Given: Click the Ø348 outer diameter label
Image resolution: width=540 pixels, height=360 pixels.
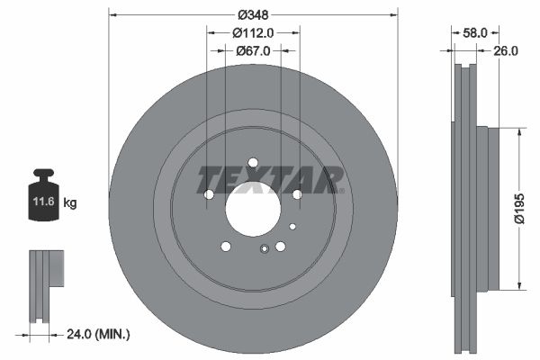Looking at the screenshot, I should tap(252, 14).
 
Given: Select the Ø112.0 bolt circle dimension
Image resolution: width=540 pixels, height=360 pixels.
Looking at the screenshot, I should tap(253, 33).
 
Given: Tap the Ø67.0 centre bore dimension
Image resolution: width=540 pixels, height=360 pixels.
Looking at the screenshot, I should tap(253, 51).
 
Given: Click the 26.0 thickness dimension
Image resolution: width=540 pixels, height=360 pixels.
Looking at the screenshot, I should tap(506, 51).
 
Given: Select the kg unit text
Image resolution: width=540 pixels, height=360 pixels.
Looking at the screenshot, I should tap(69, 203).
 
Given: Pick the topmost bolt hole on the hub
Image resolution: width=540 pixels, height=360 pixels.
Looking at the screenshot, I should tap(253, 163).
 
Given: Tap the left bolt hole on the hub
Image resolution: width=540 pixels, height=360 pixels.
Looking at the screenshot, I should tap(209, 194).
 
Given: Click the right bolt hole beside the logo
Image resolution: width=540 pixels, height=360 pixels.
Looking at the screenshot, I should tap(297, 193).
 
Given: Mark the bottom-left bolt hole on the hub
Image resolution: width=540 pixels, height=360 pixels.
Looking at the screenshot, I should tap(225, 247).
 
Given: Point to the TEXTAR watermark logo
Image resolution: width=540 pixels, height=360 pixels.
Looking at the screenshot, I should tap(270, 179).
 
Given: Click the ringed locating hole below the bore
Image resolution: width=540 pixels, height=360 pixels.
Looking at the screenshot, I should tap(263, 250).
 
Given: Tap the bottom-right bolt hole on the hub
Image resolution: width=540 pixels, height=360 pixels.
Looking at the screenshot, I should tap(280, 247).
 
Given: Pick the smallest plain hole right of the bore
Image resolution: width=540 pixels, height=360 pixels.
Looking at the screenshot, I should tap(292, 226).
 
